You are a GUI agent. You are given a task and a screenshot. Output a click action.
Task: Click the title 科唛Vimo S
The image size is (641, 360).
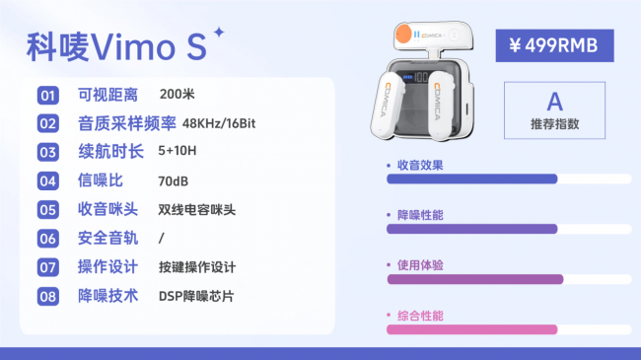pyautogui.click(x=115, y=46)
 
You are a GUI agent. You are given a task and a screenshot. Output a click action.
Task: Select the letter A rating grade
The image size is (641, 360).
pyautogui.click(x=554, y=102)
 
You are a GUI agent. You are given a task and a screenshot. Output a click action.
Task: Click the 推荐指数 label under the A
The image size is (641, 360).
pyautogui.click(x=554, y=125)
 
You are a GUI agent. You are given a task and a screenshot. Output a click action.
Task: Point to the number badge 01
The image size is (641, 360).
pyautogui.click(x=47, y=96)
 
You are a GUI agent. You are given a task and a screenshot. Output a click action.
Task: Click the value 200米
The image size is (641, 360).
pyautogui.click(x=177, y=95)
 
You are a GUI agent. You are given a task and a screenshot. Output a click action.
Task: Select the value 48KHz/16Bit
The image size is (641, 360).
pyautogui.click(x=219, y=124)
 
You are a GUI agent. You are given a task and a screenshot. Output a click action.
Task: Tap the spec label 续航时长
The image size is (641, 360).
pyautogui.click(x=110, y=152)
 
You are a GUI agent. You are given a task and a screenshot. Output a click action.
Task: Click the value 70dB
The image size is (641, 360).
pyautogui.click(x=174, y=181)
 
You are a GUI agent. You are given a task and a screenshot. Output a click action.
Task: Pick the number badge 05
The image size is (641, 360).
pyautogui.click(x=47, y=210)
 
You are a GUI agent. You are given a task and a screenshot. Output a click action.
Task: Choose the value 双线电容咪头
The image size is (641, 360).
pyautogui.click(x=196, y=210)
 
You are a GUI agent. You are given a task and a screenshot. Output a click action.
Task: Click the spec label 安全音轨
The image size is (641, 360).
pyautogui.click(x=110, y=239)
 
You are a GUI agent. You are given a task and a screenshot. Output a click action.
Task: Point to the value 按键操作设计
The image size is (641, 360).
pyautogui.click(x=196, y=267)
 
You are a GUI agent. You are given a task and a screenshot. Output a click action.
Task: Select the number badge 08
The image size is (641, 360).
pyautogui.click(x=47, y=296)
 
